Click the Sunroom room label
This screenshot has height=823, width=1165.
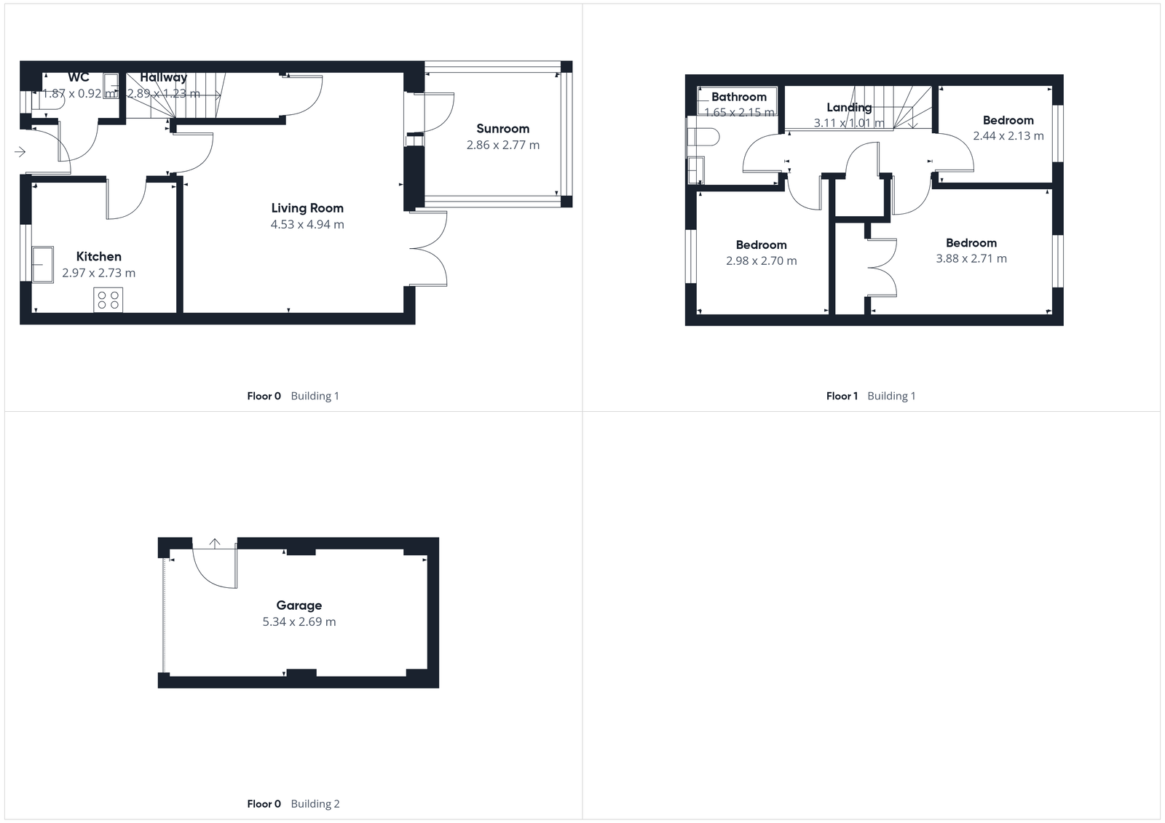502,129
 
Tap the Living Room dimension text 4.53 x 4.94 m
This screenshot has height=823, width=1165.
307,224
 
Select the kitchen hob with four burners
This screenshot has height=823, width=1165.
108,300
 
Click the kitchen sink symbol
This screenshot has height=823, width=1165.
42,263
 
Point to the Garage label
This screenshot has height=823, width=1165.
299,605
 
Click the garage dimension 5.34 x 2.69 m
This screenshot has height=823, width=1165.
299,621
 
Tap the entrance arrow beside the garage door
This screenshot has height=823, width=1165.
215,543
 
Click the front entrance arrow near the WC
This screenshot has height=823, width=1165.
20,151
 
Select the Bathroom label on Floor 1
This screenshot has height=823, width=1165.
738,97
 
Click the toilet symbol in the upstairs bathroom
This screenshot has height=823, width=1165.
703,137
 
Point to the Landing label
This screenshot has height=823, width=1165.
849,108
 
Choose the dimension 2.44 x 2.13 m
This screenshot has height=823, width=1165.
1008,136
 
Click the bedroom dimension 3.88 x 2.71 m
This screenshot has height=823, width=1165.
971,258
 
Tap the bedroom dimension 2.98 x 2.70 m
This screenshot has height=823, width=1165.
761,261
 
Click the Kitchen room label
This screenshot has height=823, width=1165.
99,256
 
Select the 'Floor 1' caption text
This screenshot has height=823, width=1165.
842,396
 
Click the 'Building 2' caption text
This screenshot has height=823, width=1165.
315,803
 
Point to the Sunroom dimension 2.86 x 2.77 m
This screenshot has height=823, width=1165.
502,145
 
